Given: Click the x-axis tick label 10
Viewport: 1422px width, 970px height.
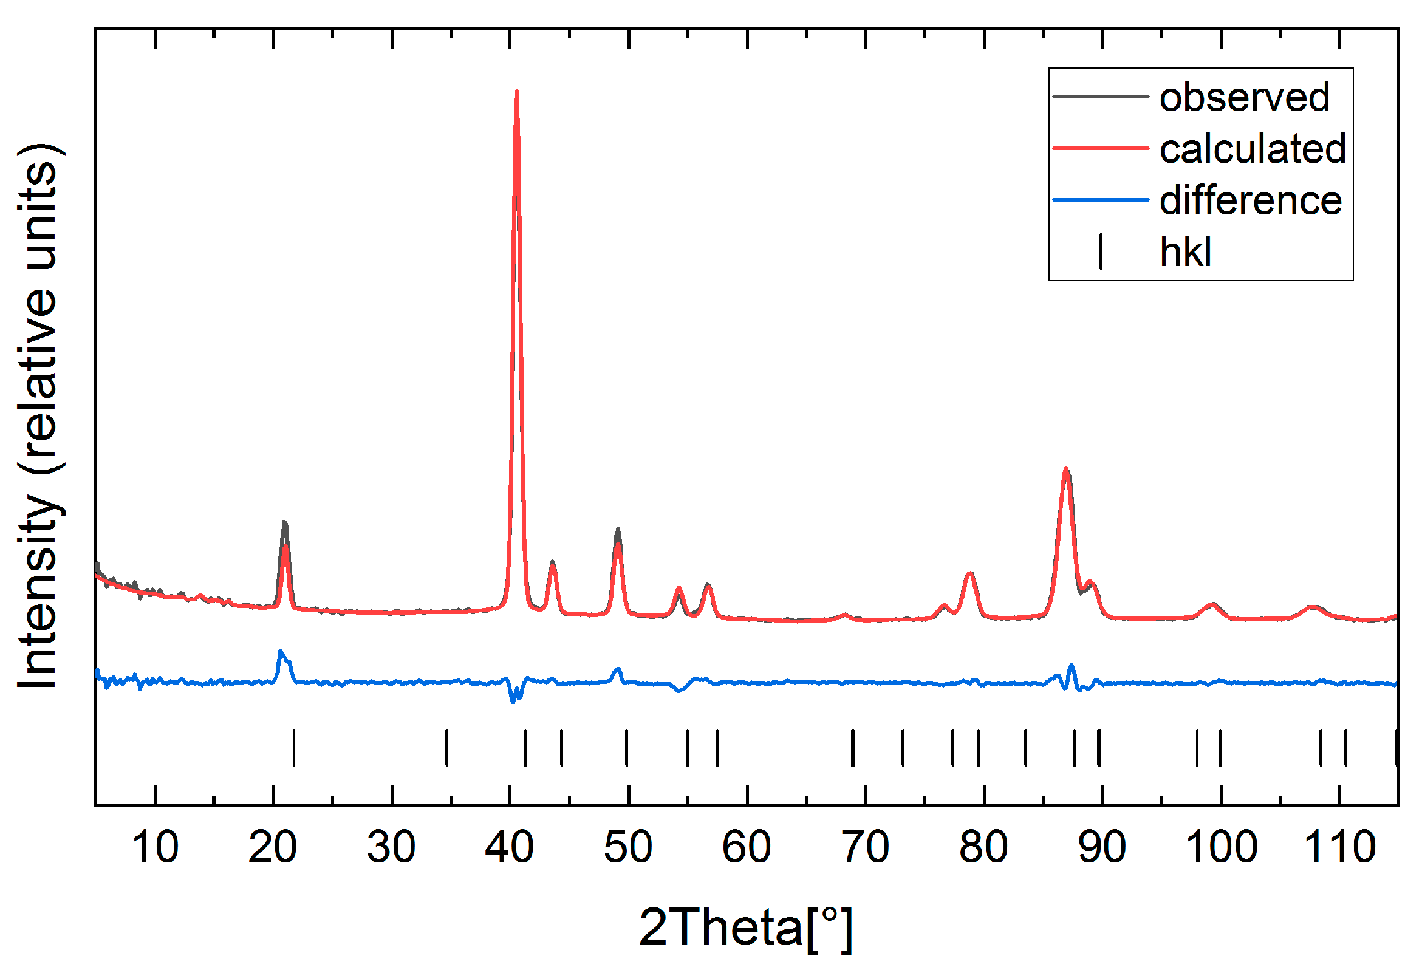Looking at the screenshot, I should click(x=155, y=847).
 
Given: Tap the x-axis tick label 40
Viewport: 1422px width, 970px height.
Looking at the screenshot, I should click(x=509, y=847).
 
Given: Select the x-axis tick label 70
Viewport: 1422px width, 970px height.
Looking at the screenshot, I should click(x=864, y=847).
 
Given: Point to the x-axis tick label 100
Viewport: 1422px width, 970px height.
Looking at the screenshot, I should click(x=1221, y=847).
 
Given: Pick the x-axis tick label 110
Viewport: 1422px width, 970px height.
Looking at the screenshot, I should click(x=1339, y=847).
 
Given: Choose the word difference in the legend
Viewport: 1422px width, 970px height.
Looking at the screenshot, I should click(x=1250, y=200).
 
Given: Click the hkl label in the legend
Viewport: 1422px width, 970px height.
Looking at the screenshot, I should click(x=1184, y=251).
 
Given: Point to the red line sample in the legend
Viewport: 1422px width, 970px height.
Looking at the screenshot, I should click(x=1099, y=148).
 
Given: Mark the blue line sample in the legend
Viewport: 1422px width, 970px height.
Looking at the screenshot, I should click(x=1099, y=199).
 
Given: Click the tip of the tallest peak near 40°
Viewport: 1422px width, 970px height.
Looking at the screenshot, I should click(x=517, y=92).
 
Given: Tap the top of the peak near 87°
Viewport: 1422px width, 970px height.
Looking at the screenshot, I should click(x=1066, y=470).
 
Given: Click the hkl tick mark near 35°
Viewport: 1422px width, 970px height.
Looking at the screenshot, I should click(x=446, y=748).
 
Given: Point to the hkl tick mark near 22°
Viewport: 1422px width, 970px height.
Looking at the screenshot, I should click(x=294, y=748).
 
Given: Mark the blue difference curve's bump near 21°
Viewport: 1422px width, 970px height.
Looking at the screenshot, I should click(x=281, y=652).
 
